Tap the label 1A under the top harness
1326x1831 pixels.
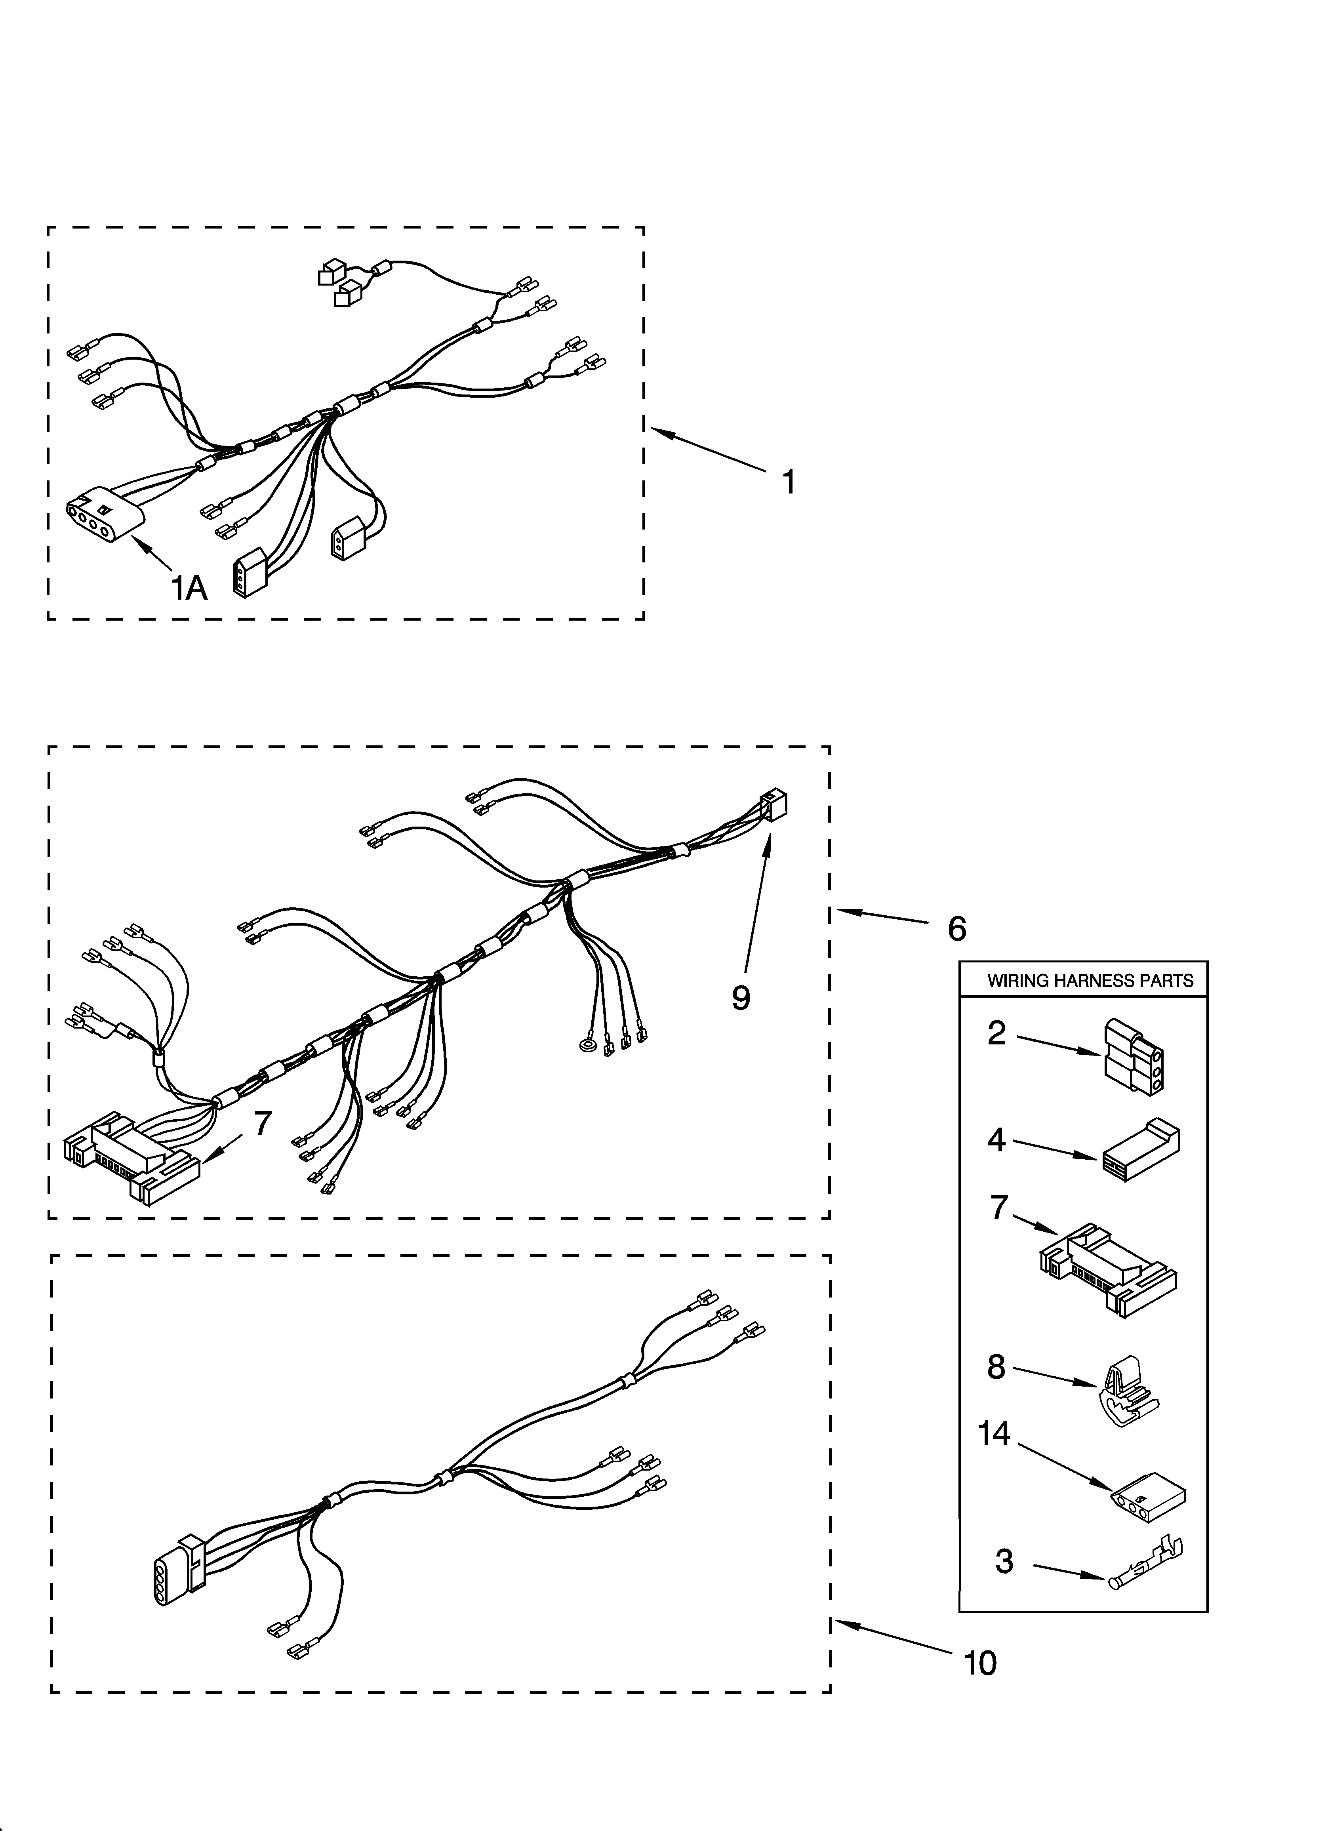click(189, 589)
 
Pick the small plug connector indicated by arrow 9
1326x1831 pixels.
click(773, 806)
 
